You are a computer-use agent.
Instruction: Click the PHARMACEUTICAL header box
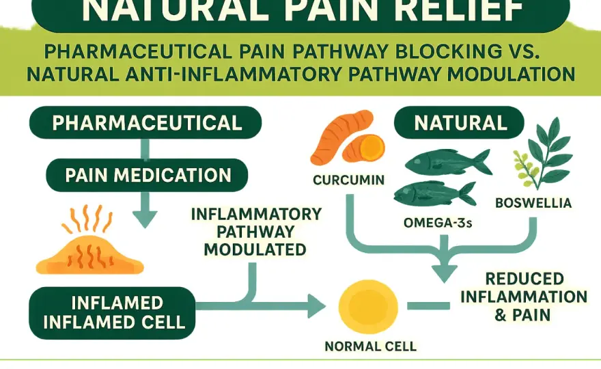coord(145,123)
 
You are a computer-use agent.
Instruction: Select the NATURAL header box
coord(459,123)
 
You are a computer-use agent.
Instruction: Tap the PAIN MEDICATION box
coord(148,176)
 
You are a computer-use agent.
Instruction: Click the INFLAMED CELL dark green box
coord(112,313)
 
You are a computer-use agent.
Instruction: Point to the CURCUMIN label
coord(348,180)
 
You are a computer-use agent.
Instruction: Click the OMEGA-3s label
coord(438,223)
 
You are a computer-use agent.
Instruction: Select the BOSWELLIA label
coord(533,203)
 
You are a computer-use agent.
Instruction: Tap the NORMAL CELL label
coord(370,346)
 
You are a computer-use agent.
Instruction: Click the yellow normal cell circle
coord(368,307)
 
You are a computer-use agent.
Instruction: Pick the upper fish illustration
coord(448,161)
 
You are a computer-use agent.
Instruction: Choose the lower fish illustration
coord(435,194)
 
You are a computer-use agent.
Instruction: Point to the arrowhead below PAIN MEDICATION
coord(145,219)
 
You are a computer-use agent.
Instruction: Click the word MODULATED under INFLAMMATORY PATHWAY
coord(255,249)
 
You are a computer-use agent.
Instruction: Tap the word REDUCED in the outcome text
coord(525,279)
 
